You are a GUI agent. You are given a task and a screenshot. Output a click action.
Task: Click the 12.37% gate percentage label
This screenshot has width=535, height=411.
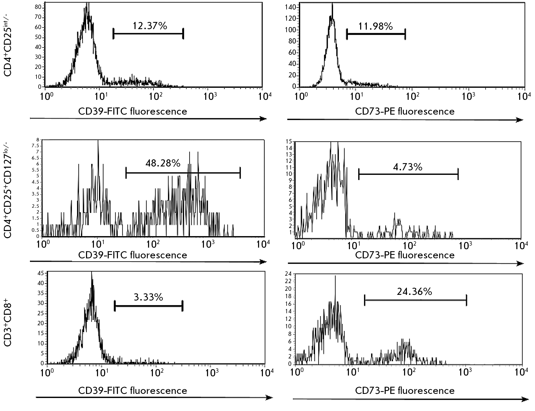point(150,26)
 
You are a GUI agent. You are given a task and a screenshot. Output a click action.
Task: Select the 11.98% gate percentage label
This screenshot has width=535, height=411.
point(375,26)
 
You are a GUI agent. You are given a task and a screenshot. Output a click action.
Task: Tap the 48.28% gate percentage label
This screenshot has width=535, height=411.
point(163,163)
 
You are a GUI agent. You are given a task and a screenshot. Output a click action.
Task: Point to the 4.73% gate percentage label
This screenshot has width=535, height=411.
point(408,167)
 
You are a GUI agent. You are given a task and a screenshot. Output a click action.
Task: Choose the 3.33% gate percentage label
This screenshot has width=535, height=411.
point(148,297)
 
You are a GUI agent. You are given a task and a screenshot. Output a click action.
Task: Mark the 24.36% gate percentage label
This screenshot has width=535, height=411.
point(414,292)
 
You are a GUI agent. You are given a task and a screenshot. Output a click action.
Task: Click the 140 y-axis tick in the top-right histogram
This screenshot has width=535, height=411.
point(291,7)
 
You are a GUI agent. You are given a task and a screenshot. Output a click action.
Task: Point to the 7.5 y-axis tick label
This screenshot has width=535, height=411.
point(35,146)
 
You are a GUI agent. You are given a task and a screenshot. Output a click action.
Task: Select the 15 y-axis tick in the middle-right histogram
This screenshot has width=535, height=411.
point(289,141)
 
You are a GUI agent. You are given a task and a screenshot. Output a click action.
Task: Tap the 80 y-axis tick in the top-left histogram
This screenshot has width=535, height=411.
point(38,7)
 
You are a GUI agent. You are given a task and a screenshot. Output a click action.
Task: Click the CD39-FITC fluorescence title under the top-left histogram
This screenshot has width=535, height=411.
point(132,111)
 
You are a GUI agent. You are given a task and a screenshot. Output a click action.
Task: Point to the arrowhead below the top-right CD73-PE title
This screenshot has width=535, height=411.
point(519,120)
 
